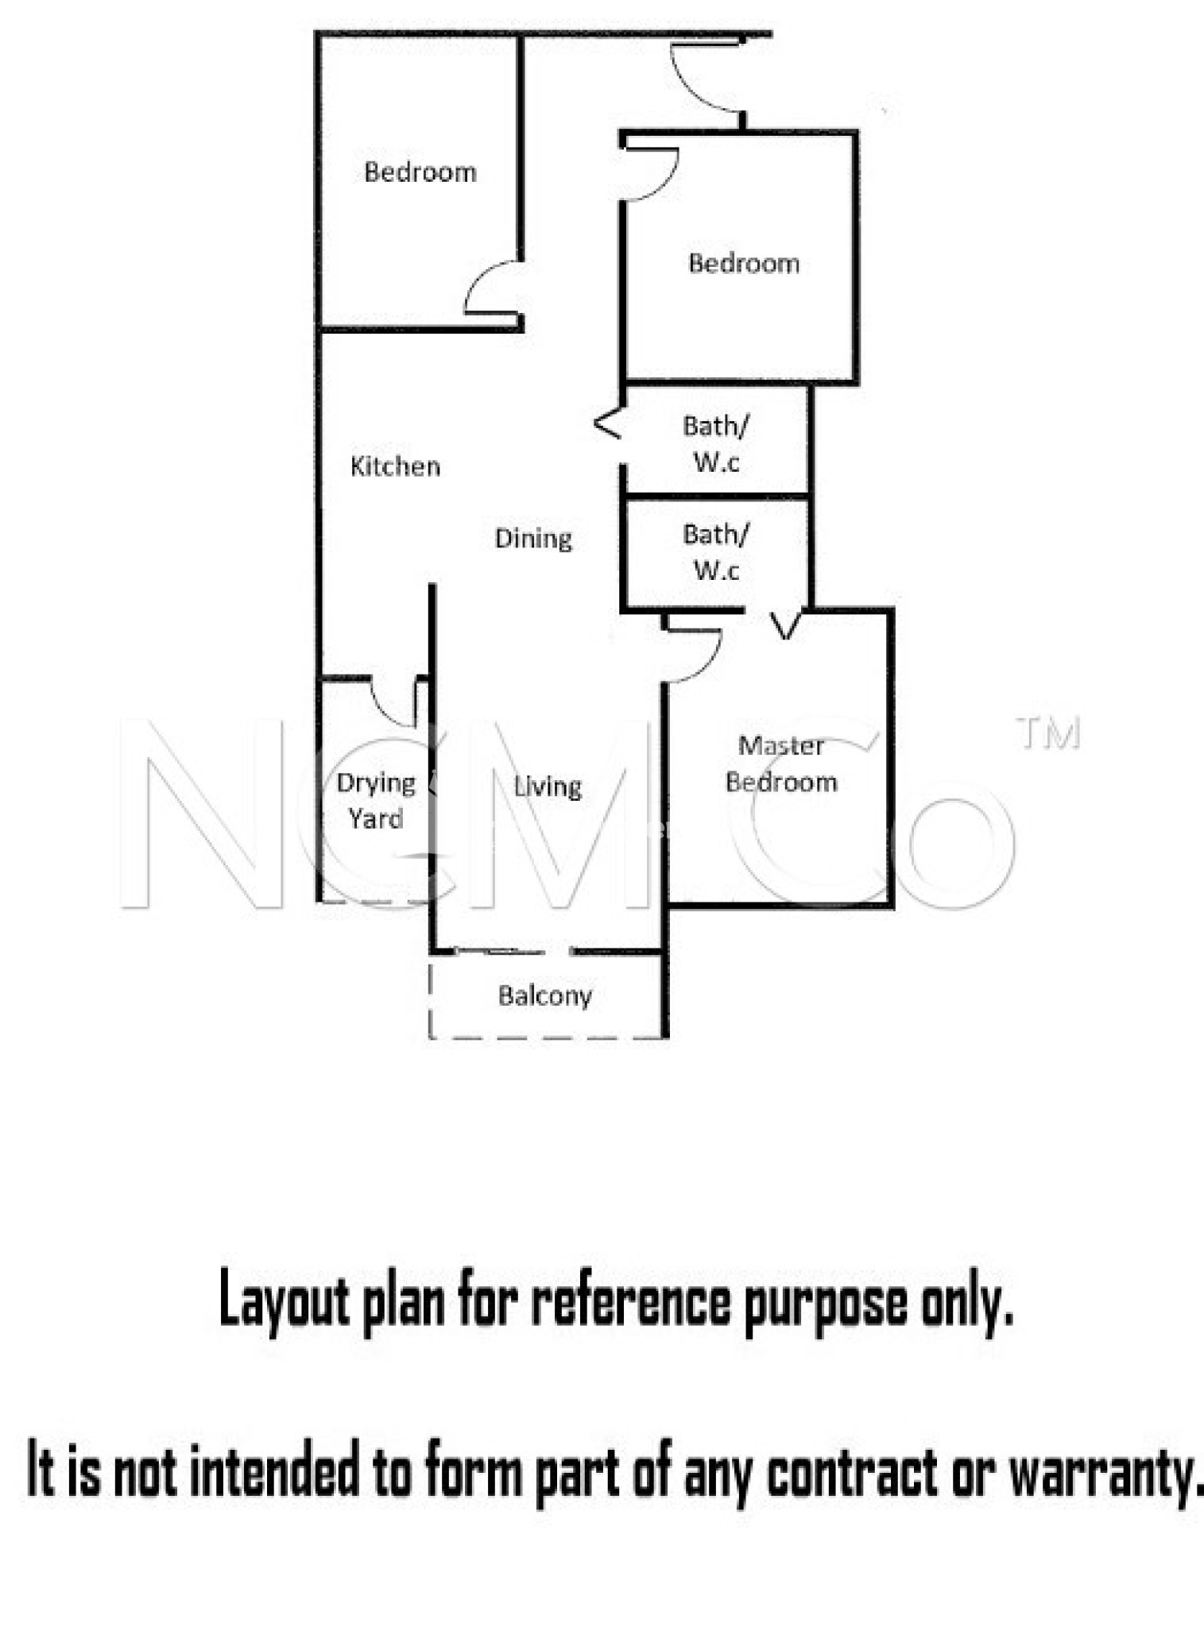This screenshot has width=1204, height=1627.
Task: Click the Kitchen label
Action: [x=395, y=466]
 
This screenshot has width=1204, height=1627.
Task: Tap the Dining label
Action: [x=533, y=539]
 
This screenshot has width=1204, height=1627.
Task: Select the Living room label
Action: [x=548, y=786]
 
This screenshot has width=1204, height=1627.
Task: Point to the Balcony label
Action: [x=545, y=995]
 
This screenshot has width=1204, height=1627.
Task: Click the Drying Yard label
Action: [x=376, y=800]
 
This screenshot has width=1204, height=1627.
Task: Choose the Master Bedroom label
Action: [x=781, y=764]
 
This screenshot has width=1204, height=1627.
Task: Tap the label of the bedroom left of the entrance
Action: [x=420, y=172]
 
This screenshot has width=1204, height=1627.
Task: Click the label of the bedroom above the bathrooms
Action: [x=744, y=263]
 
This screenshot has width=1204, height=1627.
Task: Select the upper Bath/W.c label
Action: [x=716, y=444]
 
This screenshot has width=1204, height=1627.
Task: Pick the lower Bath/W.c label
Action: [x=716, y=552]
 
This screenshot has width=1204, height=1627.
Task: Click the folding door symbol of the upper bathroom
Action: [x=608, y=423]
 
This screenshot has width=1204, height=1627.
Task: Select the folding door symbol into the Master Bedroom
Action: [x=785, y=625]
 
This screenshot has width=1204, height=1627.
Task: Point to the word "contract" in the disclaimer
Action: [x=851, y=1470]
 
